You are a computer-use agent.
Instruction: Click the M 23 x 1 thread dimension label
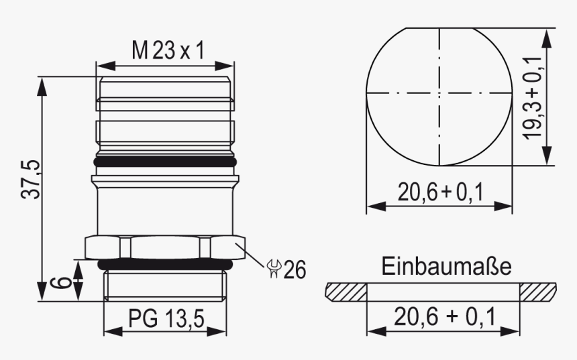(x=166, y=50)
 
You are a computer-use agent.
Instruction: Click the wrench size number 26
(x=294, y=269)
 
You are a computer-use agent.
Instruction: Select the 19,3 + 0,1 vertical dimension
(x=535, y=97)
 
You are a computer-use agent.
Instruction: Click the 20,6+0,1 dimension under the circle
(x=439, y=192)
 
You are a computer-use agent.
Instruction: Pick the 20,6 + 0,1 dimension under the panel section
(x=443, y=316)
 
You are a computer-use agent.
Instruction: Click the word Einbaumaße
(x=447, y=267)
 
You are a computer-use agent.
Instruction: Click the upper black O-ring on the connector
(x=165, y=162)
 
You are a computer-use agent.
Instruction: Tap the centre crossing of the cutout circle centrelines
(x=440, y=93)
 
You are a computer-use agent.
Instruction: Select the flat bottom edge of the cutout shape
(x=440, y=165)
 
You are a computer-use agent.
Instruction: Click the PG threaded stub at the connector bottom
(x=165, y=285)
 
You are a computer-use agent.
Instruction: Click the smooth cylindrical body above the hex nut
(x=165, y=211)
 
